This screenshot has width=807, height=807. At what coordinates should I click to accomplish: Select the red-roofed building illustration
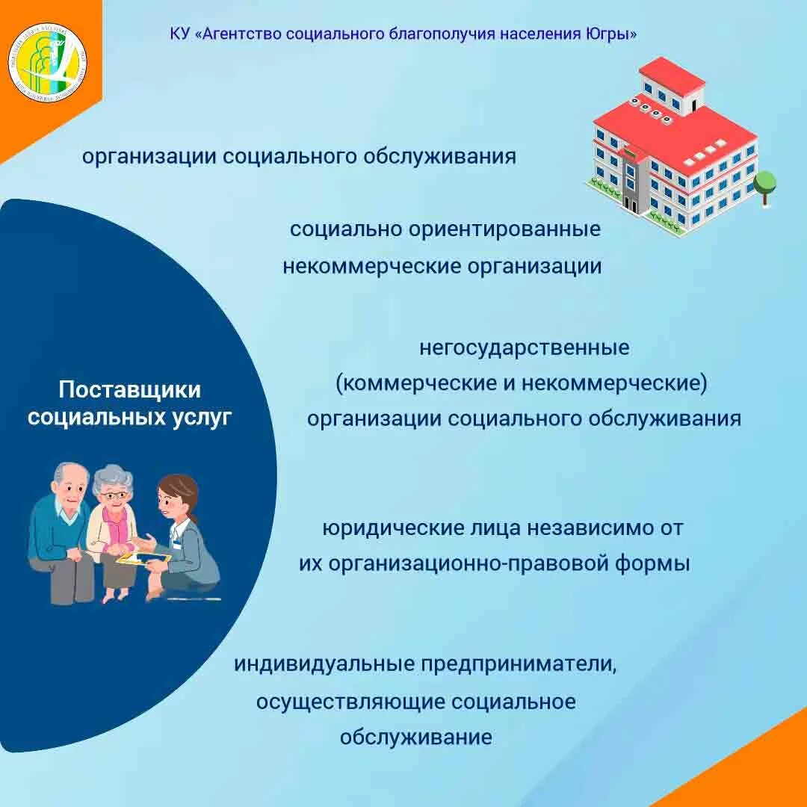pos(672,149)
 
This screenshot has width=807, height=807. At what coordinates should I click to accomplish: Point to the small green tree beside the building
pos(764,185)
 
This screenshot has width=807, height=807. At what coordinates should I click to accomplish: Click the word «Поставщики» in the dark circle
pos(130,390)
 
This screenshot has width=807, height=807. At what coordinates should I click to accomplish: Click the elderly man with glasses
pos(63,531)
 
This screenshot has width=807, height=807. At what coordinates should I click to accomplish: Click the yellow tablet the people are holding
pos(144,558)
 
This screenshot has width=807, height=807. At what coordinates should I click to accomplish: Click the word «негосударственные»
pos(525,348)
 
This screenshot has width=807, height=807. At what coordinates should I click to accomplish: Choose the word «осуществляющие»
pos(351,702)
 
